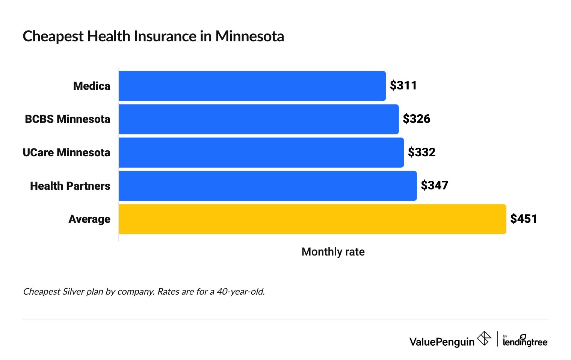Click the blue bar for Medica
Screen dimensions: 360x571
[x=252, y=86]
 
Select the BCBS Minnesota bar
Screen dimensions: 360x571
[x=258, y=119]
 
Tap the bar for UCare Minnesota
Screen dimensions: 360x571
[x=261, y=153]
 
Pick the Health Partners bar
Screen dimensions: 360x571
[x=267, y=186]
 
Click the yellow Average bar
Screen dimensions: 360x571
[x=312, y=219]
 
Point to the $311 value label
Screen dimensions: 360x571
[x=403, y=86]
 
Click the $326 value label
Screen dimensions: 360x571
[x=416, y=119]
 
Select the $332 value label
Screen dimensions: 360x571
[x=421, y=153]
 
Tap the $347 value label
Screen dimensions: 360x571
[x=434, y=186]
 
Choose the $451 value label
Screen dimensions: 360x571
[x=524, y=219]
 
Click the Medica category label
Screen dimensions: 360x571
[x=92, y=86]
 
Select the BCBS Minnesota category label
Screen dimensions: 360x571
[x=68, y=119]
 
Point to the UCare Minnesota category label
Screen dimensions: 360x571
[x=66, y=153]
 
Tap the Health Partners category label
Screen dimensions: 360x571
[x=70, y=186]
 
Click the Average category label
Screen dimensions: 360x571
[x=89, y=219]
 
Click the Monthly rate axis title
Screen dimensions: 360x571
[x=333, y=252]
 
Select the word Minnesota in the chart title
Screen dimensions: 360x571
[x=249, y=36]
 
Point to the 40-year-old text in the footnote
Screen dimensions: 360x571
[x=240, y=292]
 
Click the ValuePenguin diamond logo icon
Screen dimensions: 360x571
[x=484, y=338]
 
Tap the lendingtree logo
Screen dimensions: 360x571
[x=525, y=340]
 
